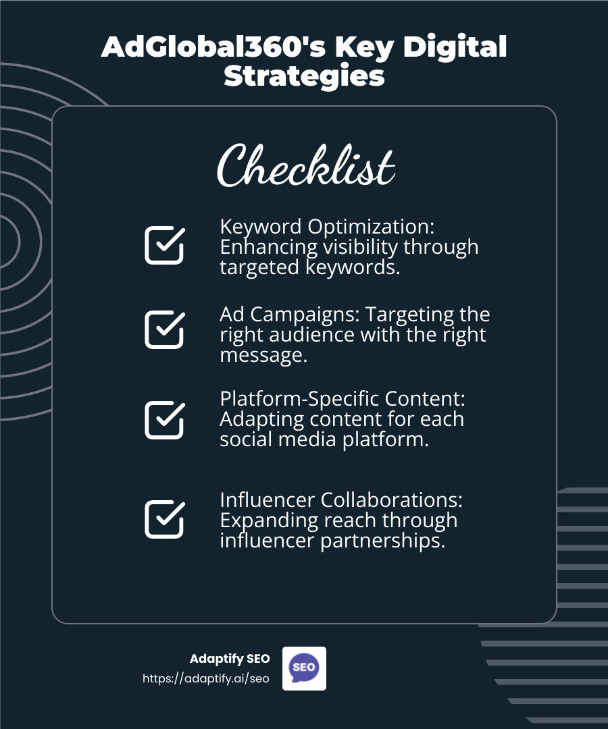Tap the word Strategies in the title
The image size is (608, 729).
tap(304, 76)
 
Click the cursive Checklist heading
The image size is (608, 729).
tap(305, 166)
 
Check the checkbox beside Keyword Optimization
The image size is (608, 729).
tap(164, 245)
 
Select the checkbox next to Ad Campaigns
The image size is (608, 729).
tap(164, 329)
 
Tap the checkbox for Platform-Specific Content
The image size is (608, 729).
tap(164, 419)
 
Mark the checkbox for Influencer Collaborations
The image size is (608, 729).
tap(164, 518)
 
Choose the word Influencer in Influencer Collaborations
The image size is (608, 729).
tap(268, 500)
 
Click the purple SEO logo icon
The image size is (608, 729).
tap(303, 668)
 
